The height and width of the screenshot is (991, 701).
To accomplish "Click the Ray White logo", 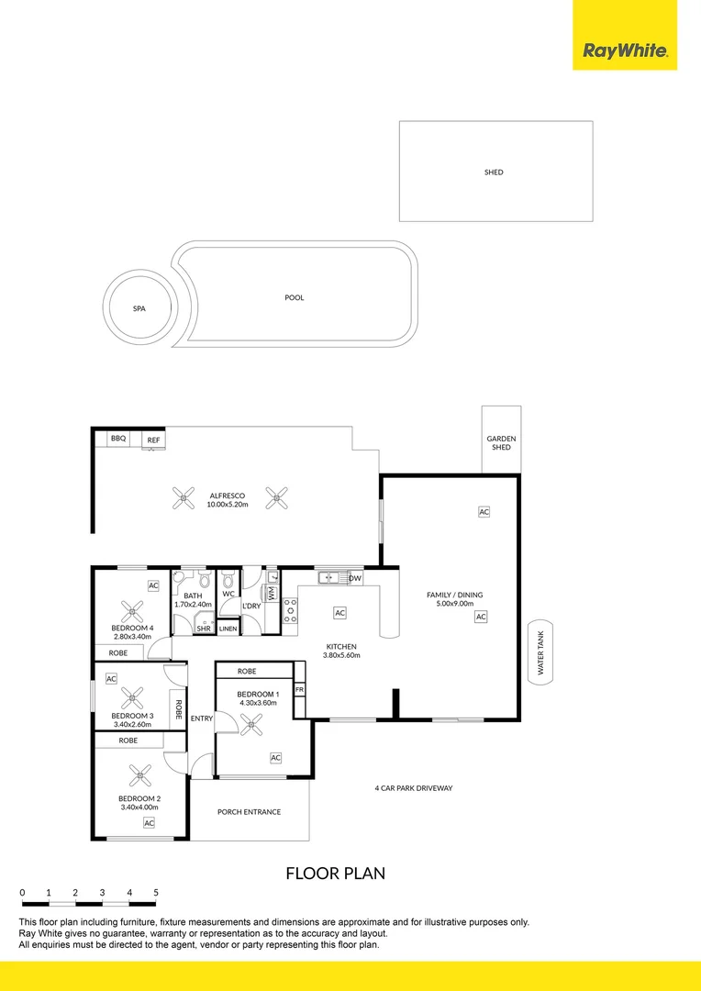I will tap(625, 50).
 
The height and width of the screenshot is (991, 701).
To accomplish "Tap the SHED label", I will tap(494, 173).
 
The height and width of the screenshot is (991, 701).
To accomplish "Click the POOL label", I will tap(294, 297).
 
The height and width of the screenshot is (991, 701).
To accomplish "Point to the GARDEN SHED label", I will tap(501, 443).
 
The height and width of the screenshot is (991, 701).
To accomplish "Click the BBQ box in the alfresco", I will tap(118, 440).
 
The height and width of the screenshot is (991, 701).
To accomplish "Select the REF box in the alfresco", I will tap(153, 440).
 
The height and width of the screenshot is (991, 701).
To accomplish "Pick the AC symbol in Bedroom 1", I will tap(275, 757).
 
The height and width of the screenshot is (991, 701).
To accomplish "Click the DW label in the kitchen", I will tap(354, 578).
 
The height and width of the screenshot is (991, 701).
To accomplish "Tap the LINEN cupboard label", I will tap(228, 629).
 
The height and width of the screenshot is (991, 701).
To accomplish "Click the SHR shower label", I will tap(203, 629).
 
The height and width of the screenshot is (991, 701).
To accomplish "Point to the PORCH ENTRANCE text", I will tap(249, 812).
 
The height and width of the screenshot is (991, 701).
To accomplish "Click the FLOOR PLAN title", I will tap(335, 874).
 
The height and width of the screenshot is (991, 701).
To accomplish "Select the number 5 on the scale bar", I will tap(156, 892).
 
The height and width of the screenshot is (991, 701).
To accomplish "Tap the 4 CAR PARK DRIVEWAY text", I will tap(413, 788).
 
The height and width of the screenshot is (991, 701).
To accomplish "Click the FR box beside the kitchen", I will tap(299, 688).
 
